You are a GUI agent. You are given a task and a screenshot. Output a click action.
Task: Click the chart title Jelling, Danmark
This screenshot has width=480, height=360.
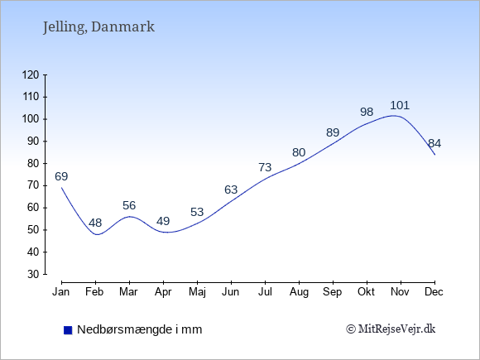coord(98,27)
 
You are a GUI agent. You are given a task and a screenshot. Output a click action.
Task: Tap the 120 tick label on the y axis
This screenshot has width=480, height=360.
coord(31,75)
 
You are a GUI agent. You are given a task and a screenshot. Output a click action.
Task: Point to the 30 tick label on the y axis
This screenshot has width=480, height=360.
coord(33,274)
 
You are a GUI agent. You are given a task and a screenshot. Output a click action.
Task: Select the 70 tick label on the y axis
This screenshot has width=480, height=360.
coord(33,185)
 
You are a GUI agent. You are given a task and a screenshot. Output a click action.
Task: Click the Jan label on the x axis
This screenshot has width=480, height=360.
coord(61,292)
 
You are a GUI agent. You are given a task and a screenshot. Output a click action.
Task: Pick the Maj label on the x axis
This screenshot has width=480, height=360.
coord(197,292)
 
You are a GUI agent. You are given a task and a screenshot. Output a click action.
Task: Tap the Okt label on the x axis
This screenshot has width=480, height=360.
coord(366,292)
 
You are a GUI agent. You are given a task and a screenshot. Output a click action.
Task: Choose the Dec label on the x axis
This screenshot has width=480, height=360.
coord(434,292)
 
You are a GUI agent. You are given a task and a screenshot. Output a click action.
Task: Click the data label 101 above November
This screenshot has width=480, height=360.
coord(400,106)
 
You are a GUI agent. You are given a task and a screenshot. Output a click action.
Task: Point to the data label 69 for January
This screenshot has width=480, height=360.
coord(61,176)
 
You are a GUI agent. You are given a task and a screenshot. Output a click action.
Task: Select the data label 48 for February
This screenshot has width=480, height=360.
coord(95,223)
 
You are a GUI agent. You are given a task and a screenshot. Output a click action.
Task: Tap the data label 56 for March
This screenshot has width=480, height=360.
coord(129,205)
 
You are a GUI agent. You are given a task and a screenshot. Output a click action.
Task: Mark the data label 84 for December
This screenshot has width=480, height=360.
coord(434,143)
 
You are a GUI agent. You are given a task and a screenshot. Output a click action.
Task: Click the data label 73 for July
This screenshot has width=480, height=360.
coord(265,167)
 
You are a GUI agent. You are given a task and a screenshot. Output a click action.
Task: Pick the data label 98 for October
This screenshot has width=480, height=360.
coord(367,112)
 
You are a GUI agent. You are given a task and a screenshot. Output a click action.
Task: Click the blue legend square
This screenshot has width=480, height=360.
coord(68,330)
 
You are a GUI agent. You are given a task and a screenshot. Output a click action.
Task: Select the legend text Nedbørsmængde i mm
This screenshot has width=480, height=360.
coord(140,329)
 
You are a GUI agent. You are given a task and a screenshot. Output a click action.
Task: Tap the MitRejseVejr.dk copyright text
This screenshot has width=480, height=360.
coord(391,329)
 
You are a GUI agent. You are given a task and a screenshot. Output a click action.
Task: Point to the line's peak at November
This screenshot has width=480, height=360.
coord(393,116)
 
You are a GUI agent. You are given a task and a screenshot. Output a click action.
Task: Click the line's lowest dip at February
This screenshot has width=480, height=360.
coord(98,234)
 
